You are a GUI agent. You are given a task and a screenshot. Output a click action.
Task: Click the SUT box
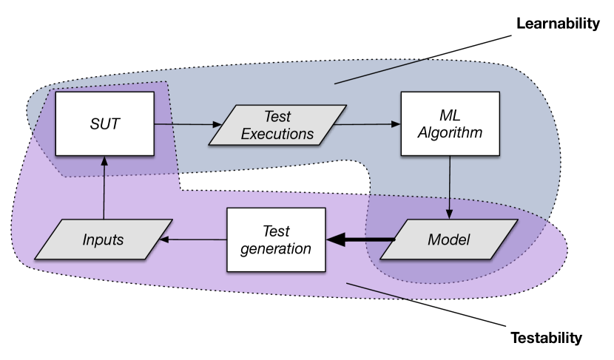[x=105, y=123]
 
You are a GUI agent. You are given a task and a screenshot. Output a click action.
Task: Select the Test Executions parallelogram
[x=277, y=125]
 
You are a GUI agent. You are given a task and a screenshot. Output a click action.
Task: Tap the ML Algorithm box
[x=451, y=123]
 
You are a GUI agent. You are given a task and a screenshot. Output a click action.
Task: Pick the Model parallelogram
[x=449, y=240]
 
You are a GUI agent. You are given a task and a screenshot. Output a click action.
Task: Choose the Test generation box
[x=277, y=240]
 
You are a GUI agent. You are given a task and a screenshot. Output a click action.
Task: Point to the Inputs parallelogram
[x=104, y=240]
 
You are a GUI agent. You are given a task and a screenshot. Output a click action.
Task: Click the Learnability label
[x=558, y=24]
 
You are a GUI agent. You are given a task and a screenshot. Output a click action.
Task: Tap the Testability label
[x=547, y=338]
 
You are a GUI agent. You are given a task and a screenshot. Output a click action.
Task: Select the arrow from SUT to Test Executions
[x=189, y=124]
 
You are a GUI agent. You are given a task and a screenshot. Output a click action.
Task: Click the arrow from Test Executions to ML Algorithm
[x=368, y=124]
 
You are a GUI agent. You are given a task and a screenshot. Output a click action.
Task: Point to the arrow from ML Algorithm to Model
[x=450, y=188]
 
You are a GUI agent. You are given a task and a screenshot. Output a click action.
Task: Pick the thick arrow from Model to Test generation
[x=361, y=240]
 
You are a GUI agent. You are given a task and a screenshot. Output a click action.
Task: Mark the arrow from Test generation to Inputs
[x=193, y=240]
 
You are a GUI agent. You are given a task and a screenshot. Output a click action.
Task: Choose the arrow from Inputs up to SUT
[x=104, y=188]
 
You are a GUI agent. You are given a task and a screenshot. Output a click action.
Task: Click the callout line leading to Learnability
[x=423, y=59]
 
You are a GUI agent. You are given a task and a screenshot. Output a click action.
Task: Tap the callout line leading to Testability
[x=426, y=305]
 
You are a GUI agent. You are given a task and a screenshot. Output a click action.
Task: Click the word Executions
[x=277, y=135]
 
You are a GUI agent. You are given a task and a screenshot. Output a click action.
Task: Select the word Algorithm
[x=451, y=132]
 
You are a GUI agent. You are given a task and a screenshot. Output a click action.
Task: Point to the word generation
[x=276, y=249]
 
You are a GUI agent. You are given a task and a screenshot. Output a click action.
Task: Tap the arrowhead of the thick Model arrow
[x=336, y=240]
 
